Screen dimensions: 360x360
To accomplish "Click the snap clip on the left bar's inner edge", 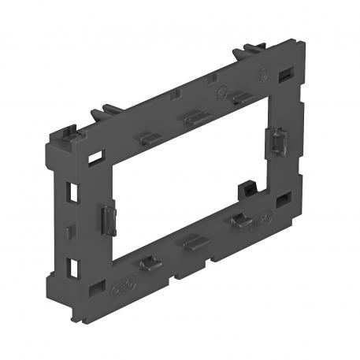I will (x=106, y=215).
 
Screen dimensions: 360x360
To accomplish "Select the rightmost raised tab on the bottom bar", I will (x=236, y=221).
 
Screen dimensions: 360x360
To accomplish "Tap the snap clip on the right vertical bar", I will (x=280, y=142).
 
